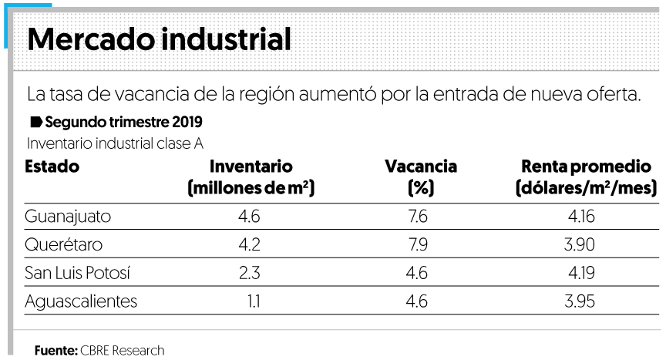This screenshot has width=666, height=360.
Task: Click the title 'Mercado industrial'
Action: pyautogui.click(x=159, y=39)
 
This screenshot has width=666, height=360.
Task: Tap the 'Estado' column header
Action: pyautogui.click(x=52, y=167)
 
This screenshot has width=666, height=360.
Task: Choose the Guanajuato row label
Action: pyautogui.click(x=68, y=217)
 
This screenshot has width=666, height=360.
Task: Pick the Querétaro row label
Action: pyautogui.click(x=63, y=245)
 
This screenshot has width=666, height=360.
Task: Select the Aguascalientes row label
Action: pyautogui.click(x=81, y=301)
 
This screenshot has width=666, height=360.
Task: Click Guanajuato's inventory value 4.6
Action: pyautogui.click(x=250, y=217)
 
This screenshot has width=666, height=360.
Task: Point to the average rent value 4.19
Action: pyautogui.click(x=580, y=273)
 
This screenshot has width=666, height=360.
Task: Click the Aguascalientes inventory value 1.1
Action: pyautogui.click(x=252, y=301)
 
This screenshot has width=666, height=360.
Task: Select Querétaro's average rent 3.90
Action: pyautogui.click(x=580, y=245)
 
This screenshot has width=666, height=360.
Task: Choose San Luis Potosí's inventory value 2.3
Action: pyautogui.click(x=250, y=273)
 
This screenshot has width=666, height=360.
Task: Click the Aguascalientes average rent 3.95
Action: pyautogui.click(x=580, y=301)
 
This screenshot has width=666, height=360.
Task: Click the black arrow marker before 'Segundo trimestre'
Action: pyautogui.click(x=35, y=123)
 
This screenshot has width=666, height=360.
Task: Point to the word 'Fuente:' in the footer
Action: pyautogui.click(x=55, y=350)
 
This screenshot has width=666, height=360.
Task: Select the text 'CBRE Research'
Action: pyautogui.click(x=122, y=350)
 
